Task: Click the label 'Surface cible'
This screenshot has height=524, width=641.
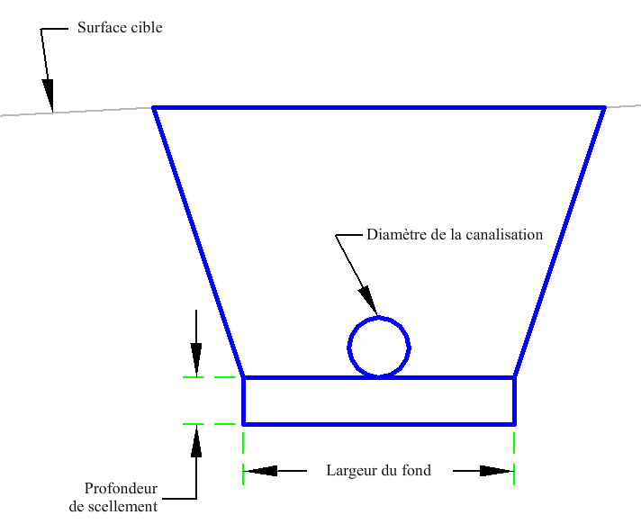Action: coord(120,28)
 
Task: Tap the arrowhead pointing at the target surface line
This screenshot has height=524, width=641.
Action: coord(49,94)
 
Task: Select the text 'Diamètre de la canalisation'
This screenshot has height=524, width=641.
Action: coord(455,235)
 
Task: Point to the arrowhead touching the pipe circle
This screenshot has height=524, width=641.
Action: coord(368,298)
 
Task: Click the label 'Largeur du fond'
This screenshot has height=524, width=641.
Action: coord(378,470)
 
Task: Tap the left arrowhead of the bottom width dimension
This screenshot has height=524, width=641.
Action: coord(261,470)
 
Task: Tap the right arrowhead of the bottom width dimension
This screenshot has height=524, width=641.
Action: coord(496,470)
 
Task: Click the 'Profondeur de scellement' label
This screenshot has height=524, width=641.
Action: coord(113,498)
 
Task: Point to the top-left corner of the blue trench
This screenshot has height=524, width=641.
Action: coord(154,108)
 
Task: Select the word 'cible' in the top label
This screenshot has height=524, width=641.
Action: coord(145,28)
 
